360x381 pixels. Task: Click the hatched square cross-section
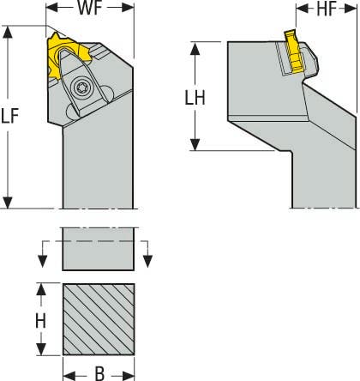click(x=98, y=319)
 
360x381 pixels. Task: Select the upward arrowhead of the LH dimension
click(x=197, y=46)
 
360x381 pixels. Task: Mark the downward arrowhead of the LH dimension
click(x=197, y=145)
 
